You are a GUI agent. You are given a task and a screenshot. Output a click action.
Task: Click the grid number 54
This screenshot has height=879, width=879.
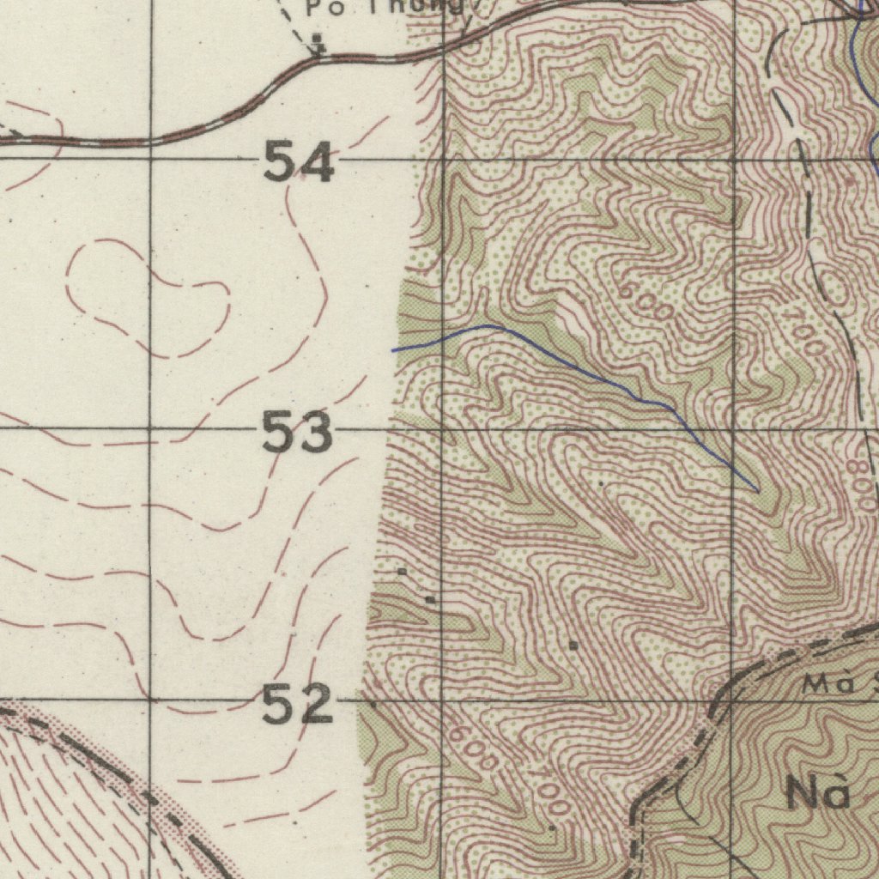click(298, 163)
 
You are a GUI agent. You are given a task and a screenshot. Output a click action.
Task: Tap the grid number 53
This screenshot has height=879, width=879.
click(297, 432)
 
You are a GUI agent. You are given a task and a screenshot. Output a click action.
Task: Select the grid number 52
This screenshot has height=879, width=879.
click(296, 704)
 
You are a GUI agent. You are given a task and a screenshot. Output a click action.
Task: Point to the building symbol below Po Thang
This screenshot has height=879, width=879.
click(318, 40)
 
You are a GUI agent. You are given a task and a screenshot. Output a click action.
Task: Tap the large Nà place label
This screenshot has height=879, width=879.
click(816, 794)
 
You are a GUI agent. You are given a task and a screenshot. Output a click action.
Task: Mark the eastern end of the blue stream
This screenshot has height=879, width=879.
click(757, 490)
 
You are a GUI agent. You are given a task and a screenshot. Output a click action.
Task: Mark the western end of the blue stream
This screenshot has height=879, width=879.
click(394, 350)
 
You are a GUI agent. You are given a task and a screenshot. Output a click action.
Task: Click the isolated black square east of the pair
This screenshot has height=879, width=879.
click(573, 644)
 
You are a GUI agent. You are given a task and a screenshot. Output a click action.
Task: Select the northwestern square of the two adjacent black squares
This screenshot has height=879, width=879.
click(402, 572)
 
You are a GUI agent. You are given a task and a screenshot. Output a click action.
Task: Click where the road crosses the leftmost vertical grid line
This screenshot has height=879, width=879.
click(151, 140)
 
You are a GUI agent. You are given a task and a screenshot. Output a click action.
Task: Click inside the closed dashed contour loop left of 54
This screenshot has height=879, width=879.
click(146, 296)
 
